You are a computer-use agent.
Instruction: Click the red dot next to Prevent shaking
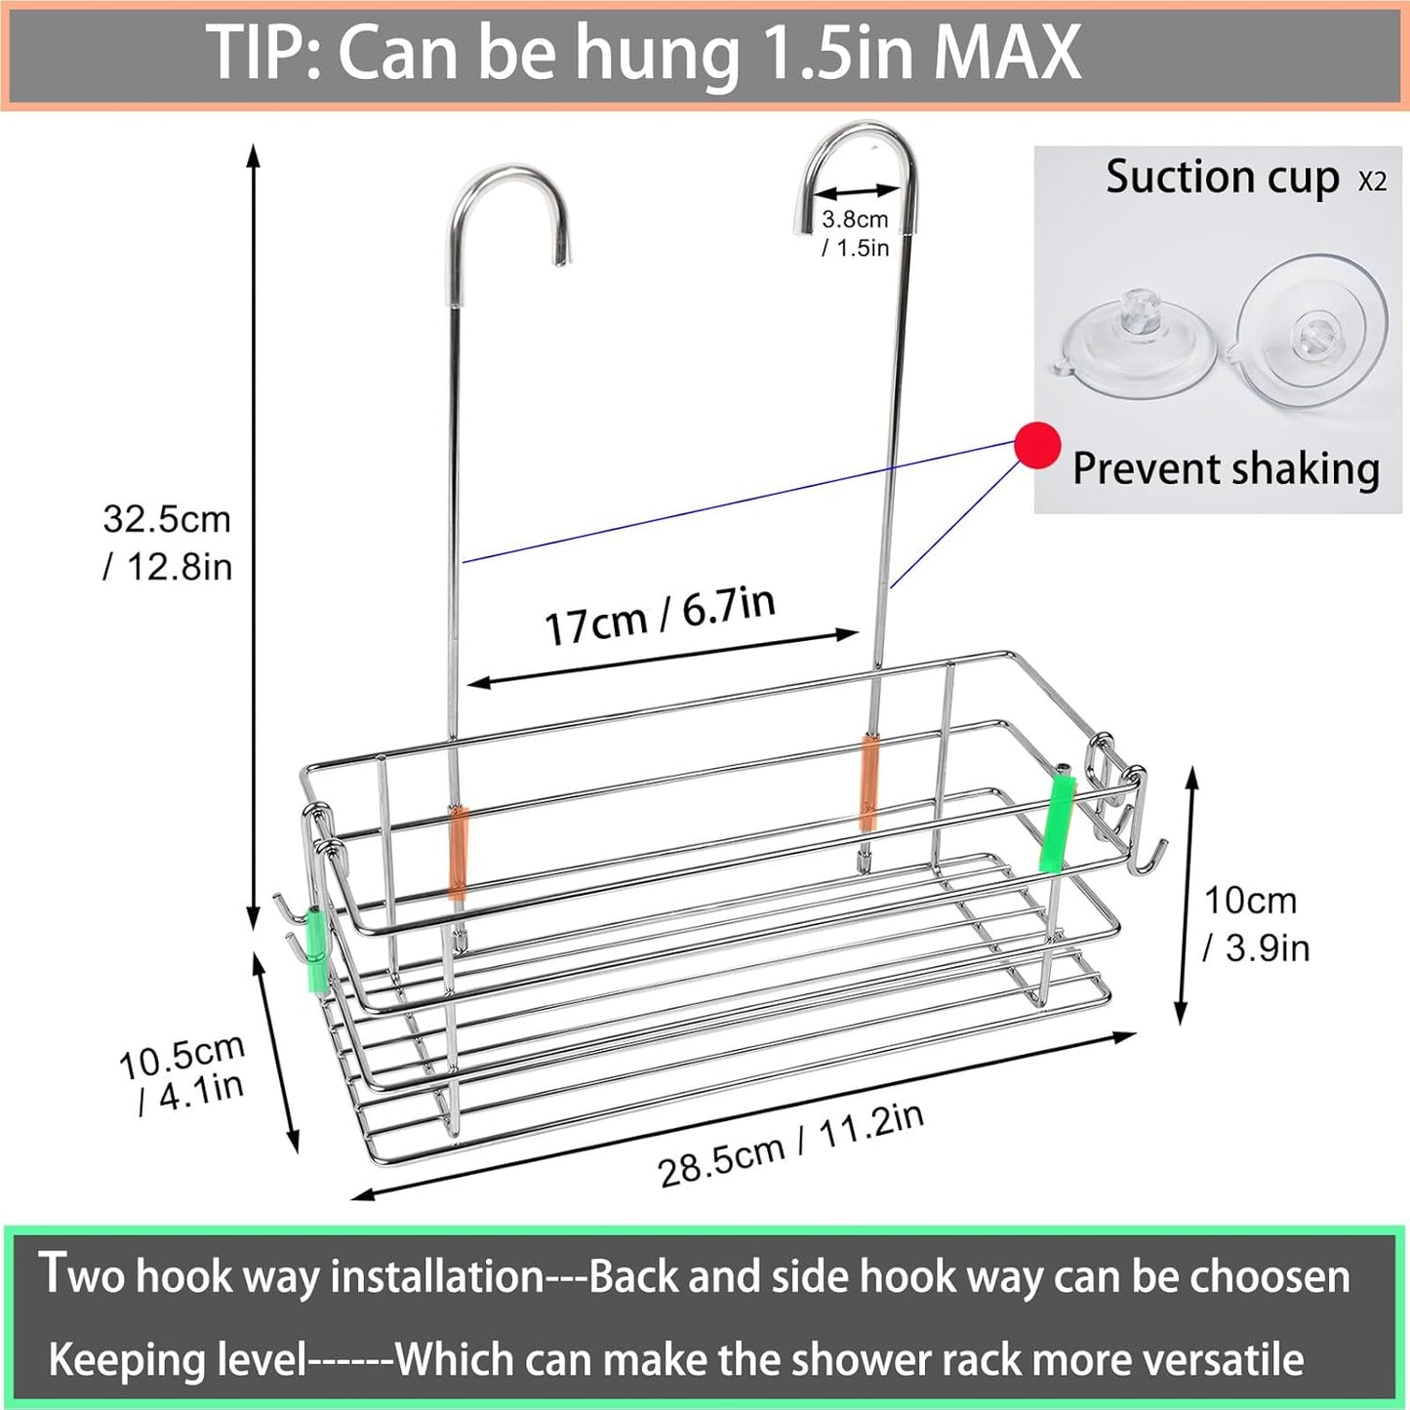click(1037, 446)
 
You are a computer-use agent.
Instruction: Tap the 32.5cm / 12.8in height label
click(168, 543)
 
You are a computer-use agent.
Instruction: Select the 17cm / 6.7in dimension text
click(660, 615)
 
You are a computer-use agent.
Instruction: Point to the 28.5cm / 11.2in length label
click(790, 1146)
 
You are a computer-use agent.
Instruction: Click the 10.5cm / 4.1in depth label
click(181, 1073)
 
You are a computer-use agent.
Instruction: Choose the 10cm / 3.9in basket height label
click(1256, 923)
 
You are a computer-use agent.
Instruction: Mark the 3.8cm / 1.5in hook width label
click(855, 233)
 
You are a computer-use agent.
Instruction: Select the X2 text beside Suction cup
click(1371, 181)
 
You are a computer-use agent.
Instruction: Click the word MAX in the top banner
click(1007, 53)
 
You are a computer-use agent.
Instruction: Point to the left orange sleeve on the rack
click(458, 851)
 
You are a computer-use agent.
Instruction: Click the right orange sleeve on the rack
click(868, 783)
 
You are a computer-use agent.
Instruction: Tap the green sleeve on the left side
click(318, 948)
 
